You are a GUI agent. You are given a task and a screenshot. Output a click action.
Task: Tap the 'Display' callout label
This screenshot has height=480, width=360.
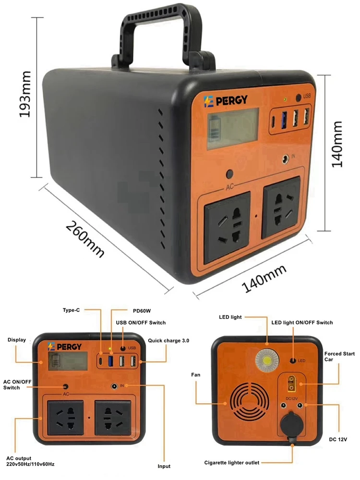pyautogui.click(x=17, y=340)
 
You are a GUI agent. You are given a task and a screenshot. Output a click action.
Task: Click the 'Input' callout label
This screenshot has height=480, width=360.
pyautogui.click(x=164, y=466)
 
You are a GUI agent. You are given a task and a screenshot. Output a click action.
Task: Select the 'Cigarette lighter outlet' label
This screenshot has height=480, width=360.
pyautogui.click(x=232, y=463)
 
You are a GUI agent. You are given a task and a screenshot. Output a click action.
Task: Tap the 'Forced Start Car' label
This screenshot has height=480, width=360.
pyautogui.click(x=339, y=357)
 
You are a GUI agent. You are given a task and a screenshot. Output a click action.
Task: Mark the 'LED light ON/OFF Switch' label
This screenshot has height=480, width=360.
pyautogui.click(x=302, y=322)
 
